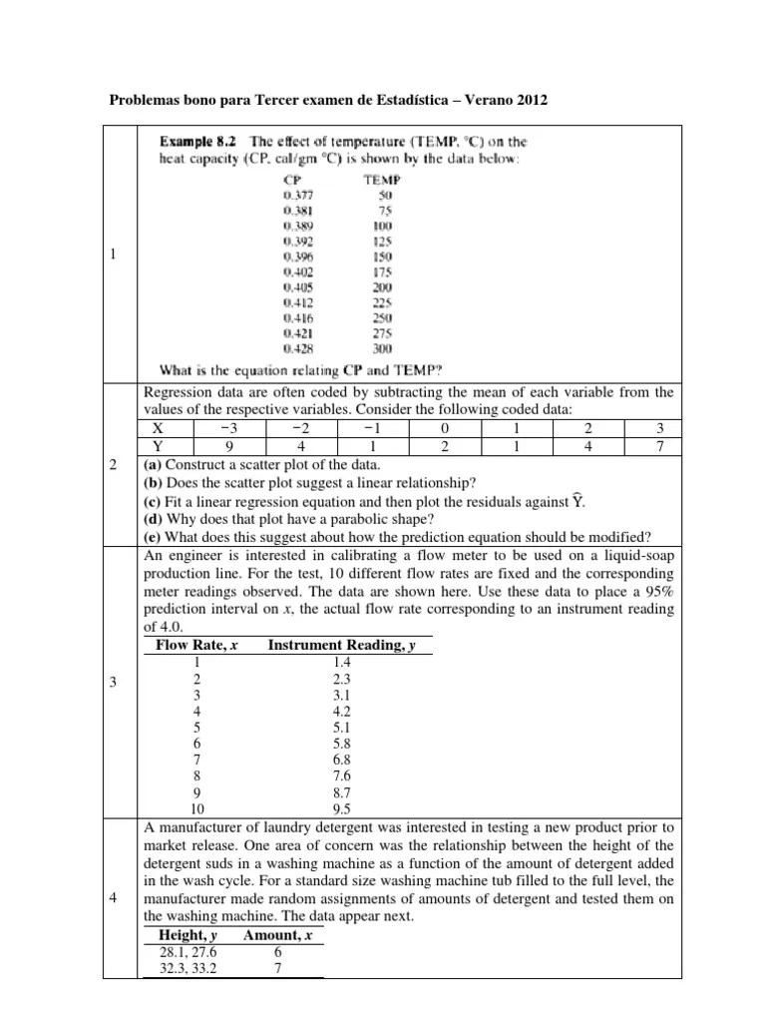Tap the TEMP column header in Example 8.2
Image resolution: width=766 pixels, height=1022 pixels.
[x=380, y=180]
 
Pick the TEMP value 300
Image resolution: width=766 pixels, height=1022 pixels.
[x=381, y=349]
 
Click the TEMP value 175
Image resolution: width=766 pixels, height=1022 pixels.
[x=381, y=271]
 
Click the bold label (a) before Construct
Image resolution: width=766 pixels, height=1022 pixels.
[x=154, y=466]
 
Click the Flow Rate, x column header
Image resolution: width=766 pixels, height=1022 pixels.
[x=196, y=646]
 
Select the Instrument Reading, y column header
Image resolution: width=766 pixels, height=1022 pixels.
[x=342, y=646]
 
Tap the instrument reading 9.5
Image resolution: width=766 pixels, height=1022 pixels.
[x=342, y=810]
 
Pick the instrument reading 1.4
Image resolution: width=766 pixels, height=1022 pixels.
[x=342, y=663]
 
